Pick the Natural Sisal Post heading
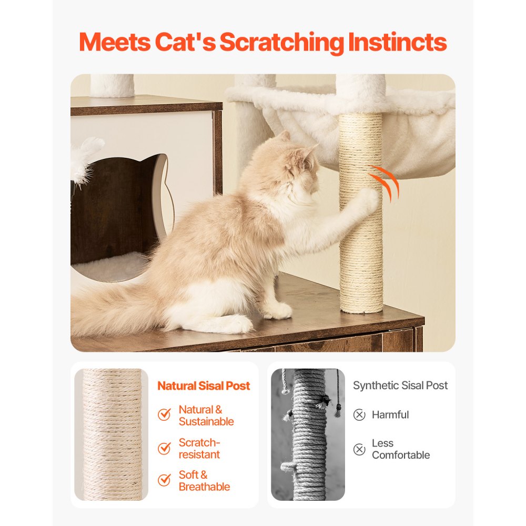coord(204,386)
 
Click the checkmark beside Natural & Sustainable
coord(165,414)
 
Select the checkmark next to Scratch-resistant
coord(165,448)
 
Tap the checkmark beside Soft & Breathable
coord(165,480)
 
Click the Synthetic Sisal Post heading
coord(400,386)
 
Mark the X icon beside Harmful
coord(359,415)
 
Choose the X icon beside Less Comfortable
coord(359,449)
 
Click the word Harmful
coord(390,415)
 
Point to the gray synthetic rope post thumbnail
coord(308,434)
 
